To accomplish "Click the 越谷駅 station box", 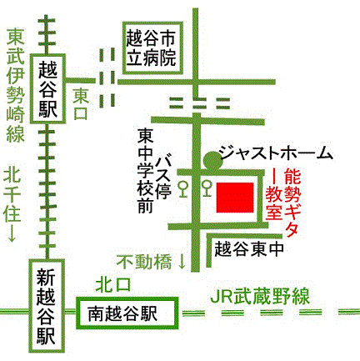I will (49, 87).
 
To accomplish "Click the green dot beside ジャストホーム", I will (207, 155).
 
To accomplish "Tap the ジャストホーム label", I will (274, 153).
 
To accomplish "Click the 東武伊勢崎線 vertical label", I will (15, 88).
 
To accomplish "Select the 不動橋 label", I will (143, 261).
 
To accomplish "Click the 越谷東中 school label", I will (249, 248).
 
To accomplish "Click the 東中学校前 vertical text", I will (147, 172).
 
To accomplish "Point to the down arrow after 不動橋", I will (182, 261).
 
